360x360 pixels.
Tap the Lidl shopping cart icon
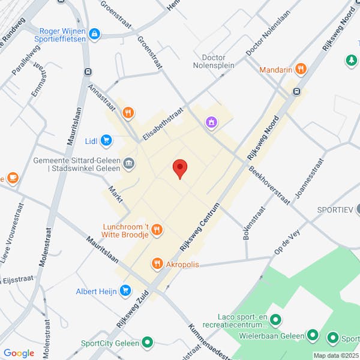[x=106, y=140]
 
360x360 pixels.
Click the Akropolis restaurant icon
[x=157, y=263]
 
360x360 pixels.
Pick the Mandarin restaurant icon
[x=301, y=70]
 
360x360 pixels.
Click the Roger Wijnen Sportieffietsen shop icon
[x=94, y=34]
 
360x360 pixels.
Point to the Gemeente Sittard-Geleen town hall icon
[x=128, y=163]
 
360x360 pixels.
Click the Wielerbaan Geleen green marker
[x=312, y=335]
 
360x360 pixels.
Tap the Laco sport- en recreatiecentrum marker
[x=275, y=319]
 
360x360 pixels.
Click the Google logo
[x=19, y=353]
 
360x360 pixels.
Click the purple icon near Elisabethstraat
[x=211, y=122]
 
